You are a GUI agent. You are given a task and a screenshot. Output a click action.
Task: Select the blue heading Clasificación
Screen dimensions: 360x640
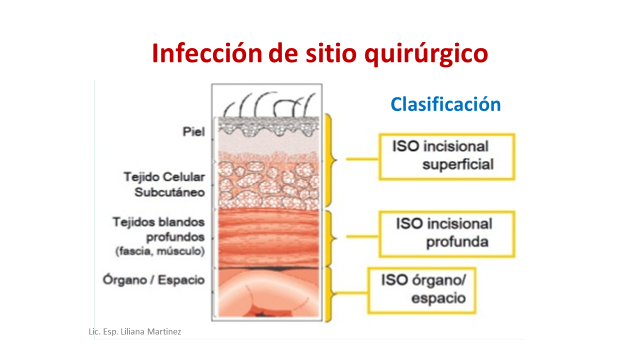pyautogui.click(x=445, y=104)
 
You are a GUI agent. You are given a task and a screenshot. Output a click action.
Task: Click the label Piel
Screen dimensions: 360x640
pyautogui.click(x=193, y=131)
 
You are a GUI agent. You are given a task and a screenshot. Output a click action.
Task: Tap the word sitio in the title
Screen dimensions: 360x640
pyautogui.click(x=322, y=52)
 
